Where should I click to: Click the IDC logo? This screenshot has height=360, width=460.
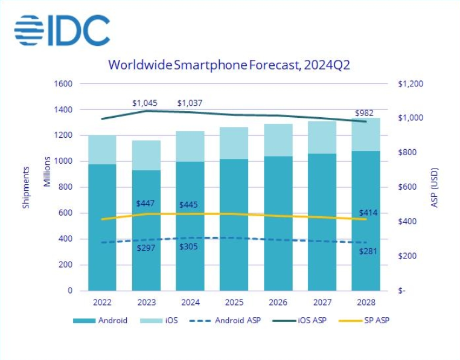coord(62,30)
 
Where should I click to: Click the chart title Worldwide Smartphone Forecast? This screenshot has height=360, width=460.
coord(229,65)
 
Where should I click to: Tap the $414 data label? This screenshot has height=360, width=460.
coord(368,213)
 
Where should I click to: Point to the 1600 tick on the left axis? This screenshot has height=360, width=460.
coord(63,84)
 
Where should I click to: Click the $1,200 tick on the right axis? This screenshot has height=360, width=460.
coord(411,84)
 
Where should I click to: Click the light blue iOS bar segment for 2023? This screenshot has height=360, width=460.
coord(147,155)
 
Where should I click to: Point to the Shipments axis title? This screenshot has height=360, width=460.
coord(26,187)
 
